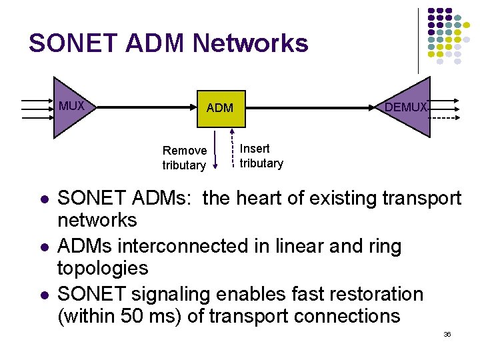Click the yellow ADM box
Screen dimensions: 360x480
tap(220, 108)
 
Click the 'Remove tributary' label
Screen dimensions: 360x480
tap(185, 158)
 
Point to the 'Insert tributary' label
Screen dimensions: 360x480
tap(261, 156)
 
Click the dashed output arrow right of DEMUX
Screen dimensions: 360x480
tap(443, 117)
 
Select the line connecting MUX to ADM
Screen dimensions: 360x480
tap(147, 107)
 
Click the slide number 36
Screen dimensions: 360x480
tap(447, 334)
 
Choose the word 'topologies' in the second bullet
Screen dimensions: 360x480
tap(103, 269)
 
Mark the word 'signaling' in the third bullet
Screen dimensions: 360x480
tap(166, 294)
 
